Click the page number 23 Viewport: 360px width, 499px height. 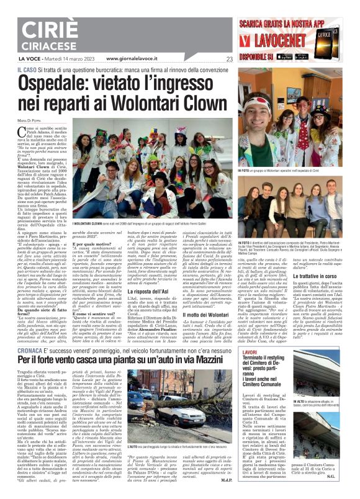click(212, 60)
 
